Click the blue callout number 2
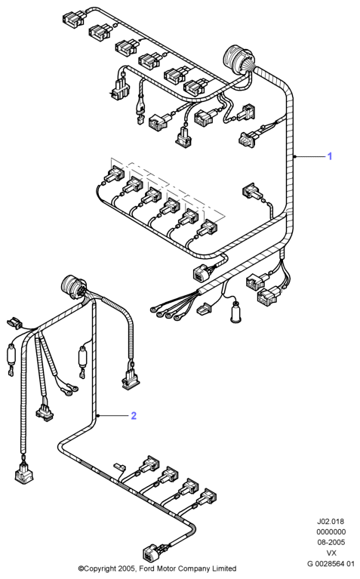click(x=134, y=415)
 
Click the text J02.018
click(x=331, y=522)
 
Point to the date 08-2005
click(x=331, y=542)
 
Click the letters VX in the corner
click(x=331, y=553)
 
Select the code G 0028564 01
click(x=331, y=563)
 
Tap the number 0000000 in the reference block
click(x=331, y=531)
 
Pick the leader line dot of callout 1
click(x=294, y=156)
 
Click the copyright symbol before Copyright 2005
click(x=81, y=568)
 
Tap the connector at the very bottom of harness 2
click(x=152, y=552)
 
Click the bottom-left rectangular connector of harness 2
click(x=23, y=473)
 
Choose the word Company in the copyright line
click(x=192, y=568)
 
